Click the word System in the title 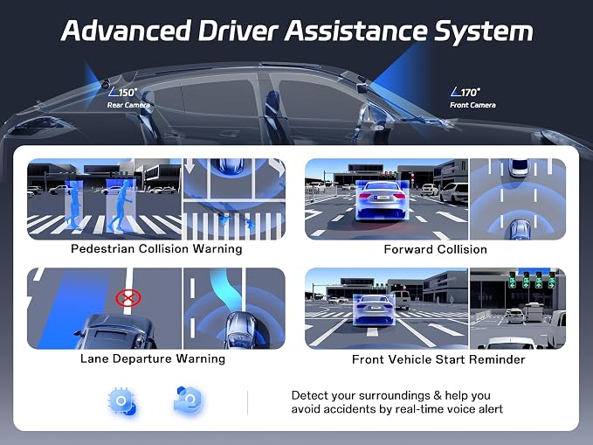pos(483,31)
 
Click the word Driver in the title pos(238,31)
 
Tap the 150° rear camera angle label pos(123,92)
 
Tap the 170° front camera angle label pos(465,92)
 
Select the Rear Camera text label pos(128,105)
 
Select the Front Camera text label pos(472,105)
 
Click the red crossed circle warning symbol pos(128,298)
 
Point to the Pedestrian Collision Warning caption pos(156,249)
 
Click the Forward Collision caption pos(435,249)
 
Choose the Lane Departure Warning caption pos(153,358)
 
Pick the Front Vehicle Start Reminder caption pos(438,359)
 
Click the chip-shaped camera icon pos(122,402)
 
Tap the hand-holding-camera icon pos(189,400)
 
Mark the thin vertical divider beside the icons pos(248,402)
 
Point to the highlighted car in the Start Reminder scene pos(374,310)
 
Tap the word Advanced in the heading pos(126,31)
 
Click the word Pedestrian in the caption pos(103,249)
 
